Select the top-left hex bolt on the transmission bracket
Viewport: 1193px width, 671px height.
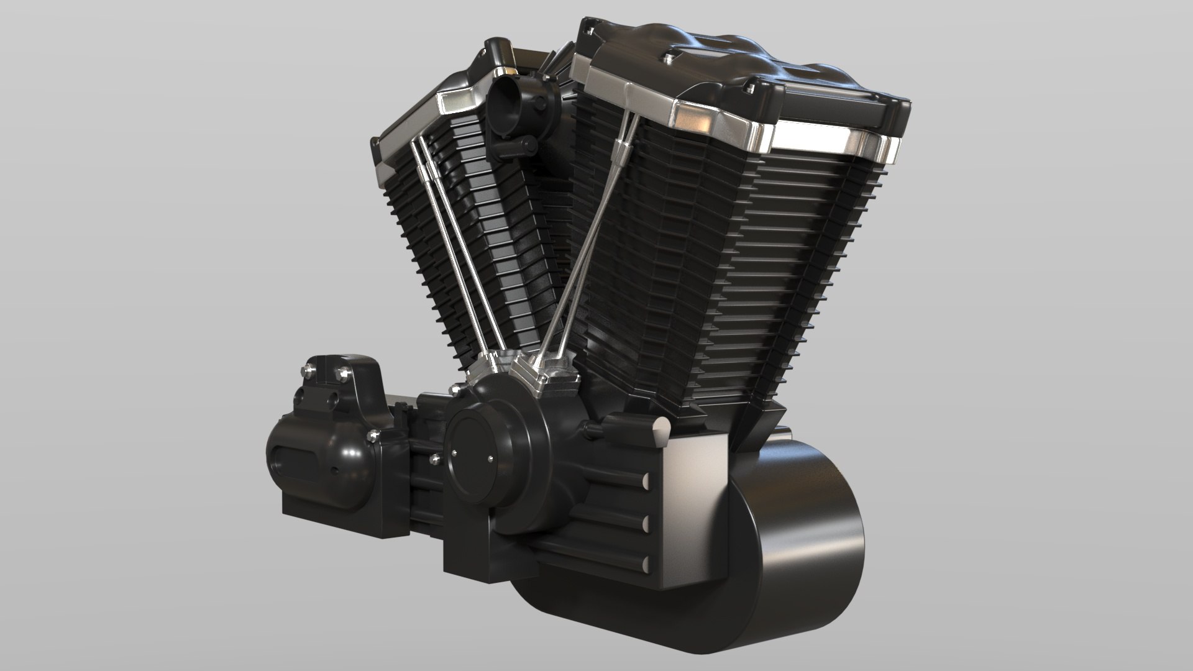click(309, 373)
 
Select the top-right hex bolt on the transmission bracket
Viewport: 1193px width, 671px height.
click(340, 374)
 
